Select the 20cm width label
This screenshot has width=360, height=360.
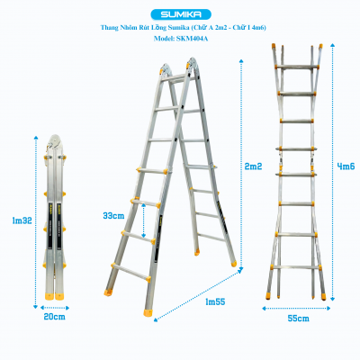click(x=56, y=317)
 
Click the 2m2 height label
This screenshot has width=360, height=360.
click(x=255, y=166)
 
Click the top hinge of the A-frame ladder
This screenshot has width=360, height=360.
click(x=177, y=67)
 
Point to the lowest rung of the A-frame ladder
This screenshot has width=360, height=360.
click(x=130, y=266)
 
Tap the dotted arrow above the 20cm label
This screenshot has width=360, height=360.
click(x=56, y=307)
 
